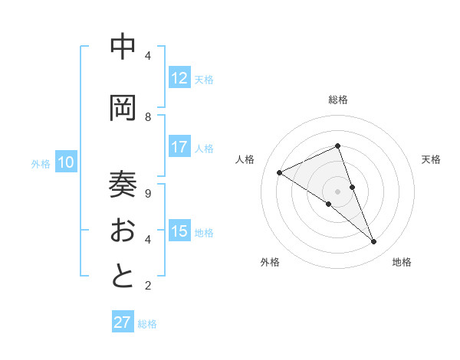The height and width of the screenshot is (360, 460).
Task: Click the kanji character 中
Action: coord(123,47)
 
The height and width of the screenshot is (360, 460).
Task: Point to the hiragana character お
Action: coord(123,230)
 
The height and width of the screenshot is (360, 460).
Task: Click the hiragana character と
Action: coord(123,277)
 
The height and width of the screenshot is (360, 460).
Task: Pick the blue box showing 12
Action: coord(179,79)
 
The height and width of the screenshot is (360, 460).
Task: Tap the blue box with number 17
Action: coord(179,148)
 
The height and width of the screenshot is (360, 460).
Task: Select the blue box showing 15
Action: coord(179,232)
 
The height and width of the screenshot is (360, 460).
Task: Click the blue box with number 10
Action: coord(66,162)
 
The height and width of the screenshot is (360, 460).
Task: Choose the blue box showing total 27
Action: coord(123,322)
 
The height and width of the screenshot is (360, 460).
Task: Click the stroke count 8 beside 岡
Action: coord(148,117)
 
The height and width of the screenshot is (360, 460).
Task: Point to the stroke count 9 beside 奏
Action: coord(148,193)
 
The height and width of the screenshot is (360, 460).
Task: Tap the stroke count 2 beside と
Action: coord(148,286)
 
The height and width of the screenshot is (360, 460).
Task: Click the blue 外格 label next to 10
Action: coord(40,163)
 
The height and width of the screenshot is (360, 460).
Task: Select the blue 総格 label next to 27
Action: coord(147,324)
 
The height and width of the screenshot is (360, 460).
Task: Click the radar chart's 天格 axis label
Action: coord(431,159)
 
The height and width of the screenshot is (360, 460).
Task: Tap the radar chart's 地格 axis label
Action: coord(402,262)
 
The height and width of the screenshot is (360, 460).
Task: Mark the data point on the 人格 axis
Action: coord(280,172)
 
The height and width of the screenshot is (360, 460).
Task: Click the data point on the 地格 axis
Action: coord(374,242)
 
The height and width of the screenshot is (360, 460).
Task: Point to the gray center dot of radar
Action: coord(337,191)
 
